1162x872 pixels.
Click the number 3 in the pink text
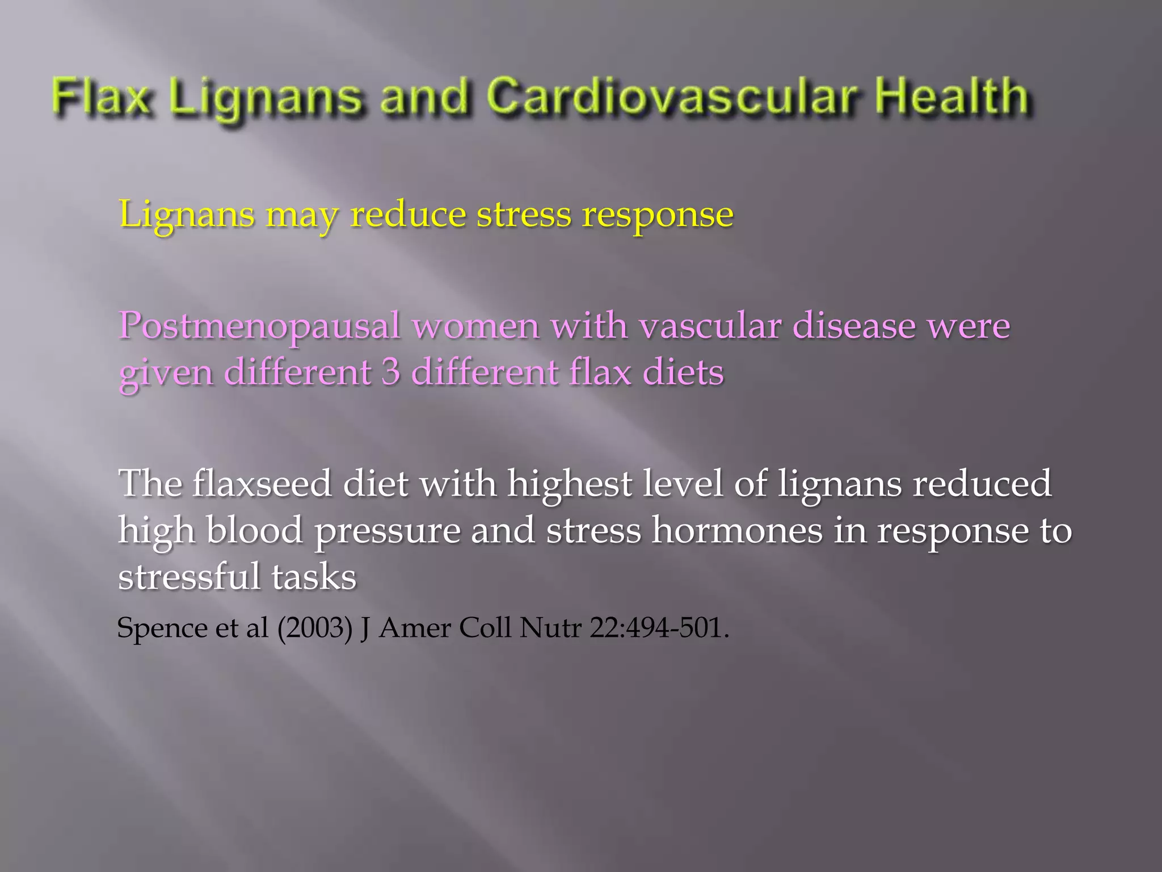[390, 373]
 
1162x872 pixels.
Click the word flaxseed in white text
[262, 484]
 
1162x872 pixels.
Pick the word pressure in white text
[388, 531]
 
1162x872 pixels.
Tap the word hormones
[736, 530]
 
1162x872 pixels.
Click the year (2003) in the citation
[315, 628]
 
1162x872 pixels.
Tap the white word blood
[254, 530]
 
